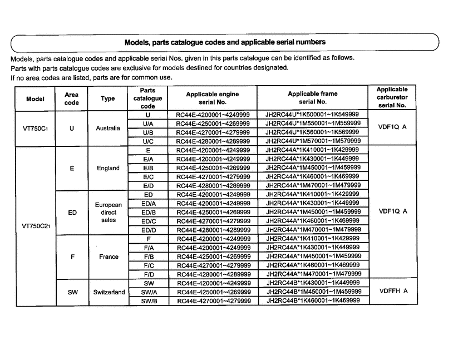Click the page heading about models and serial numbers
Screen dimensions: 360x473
click(225, 42)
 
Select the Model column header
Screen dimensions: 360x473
click(36, 98)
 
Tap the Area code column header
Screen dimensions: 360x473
click(72, 98)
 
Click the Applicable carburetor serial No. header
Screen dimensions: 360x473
click(392, 97)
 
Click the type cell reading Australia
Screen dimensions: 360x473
click(108, 128)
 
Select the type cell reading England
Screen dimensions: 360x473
click(108, 168)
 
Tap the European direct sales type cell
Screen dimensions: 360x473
click(109, 212)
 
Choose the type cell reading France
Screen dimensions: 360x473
click(109, 257)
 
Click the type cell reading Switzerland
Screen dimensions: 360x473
click(109, 292)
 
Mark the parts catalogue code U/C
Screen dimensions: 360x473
click(148, 141)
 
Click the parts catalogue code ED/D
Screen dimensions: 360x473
click(148, 230)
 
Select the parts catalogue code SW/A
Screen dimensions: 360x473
click(148, 292)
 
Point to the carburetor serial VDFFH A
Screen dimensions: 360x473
click(393, 291)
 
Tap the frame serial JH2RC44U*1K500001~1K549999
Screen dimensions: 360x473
click(313, 115)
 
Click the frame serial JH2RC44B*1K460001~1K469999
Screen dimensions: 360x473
click(313, 300)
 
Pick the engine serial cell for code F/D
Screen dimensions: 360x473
click(213, 274)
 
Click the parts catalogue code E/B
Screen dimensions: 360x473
click(148, 168)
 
